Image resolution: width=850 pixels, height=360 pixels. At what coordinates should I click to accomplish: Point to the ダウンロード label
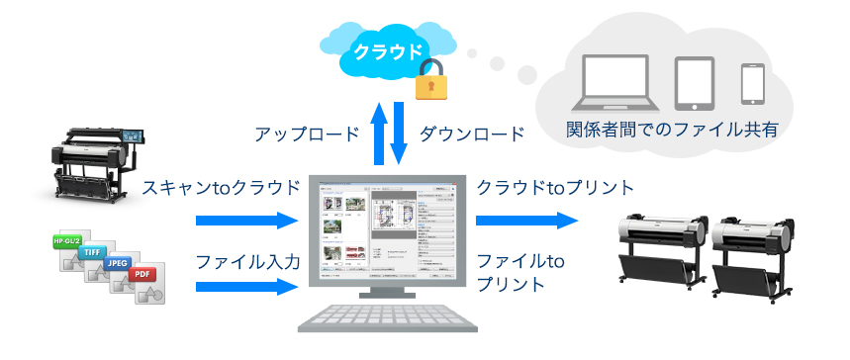click(x=471, y=134)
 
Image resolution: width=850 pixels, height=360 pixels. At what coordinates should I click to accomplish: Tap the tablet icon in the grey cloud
click(x=695, y=83)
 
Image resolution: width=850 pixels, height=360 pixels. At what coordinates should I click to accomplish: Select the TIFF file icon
click(x=92, y=254)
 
